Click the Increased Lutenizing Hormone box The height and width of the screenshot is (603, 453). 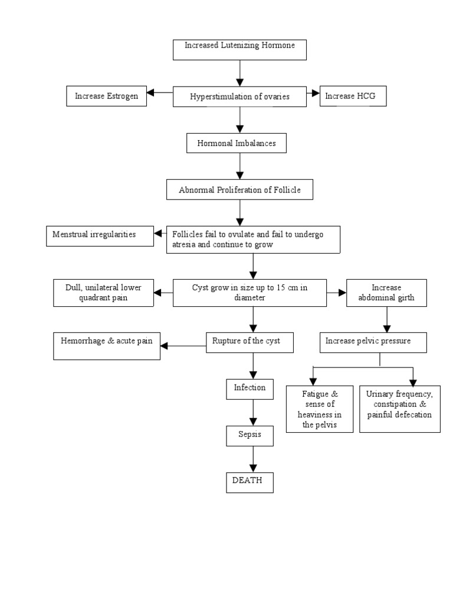point(239,49)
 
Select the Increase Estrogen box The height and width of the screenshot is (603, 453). point(107,97)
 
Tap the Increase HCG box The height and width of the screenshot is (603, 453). point(353,97)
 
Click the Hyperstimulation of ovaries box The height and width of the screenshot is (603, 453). point(239,97)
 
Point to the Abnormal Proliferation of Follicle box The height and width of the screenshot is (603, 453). point(239,190)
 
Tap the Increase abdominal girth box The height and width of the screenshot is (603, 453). point(387,293)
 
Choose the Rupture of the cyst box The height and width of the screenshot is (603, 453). point(250,342)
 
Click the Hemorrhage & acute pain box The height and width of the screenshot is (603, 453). point(106,346)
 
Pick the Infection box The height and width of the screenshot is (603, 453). point(250,389)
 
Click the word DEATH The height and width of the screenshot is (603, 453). point(247,481)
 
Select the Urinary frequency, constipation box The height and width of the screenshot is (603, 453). point(399,409)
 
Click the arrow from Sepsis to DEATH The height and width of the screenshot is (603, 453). point(253,459)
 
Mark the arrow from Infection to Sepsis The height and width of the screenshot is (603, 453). point(253,412)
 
